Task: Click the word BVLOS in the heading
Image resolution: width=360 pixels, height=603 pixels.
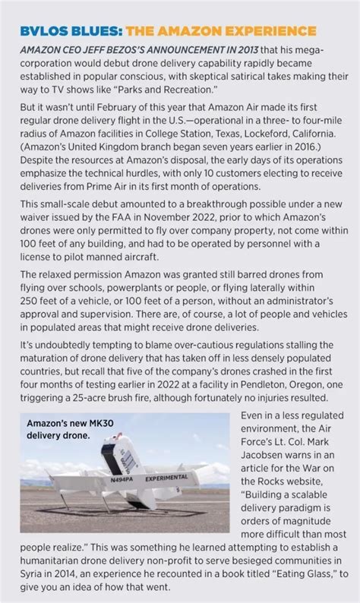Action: (43, 30)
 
